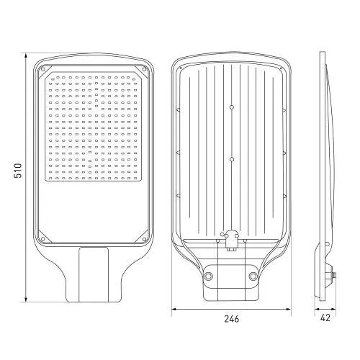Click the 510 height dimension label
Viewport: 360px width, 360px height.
tap(18, 171)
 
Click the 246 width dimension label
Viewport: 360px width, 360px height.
tap(232, 319)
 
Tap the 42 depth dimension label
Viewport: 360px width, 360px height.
tap(325, 318)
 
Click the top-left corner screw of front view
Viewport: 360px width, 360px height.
tap(42, 69)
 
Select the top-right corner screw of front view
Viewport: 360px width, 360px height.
tap(145, 69)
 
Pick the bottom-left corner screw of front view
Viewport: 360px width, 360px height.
tap(42, 239)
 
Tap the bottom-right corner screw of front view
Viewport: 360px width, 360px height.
tap(145, 239)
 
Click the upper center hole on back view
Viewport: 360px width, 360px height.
tap(232, 107)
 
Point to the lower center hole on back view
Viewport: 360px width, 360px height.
tap(232, 159)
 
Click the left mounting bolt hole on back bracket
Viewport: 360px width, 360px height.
tap(208, 276)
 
